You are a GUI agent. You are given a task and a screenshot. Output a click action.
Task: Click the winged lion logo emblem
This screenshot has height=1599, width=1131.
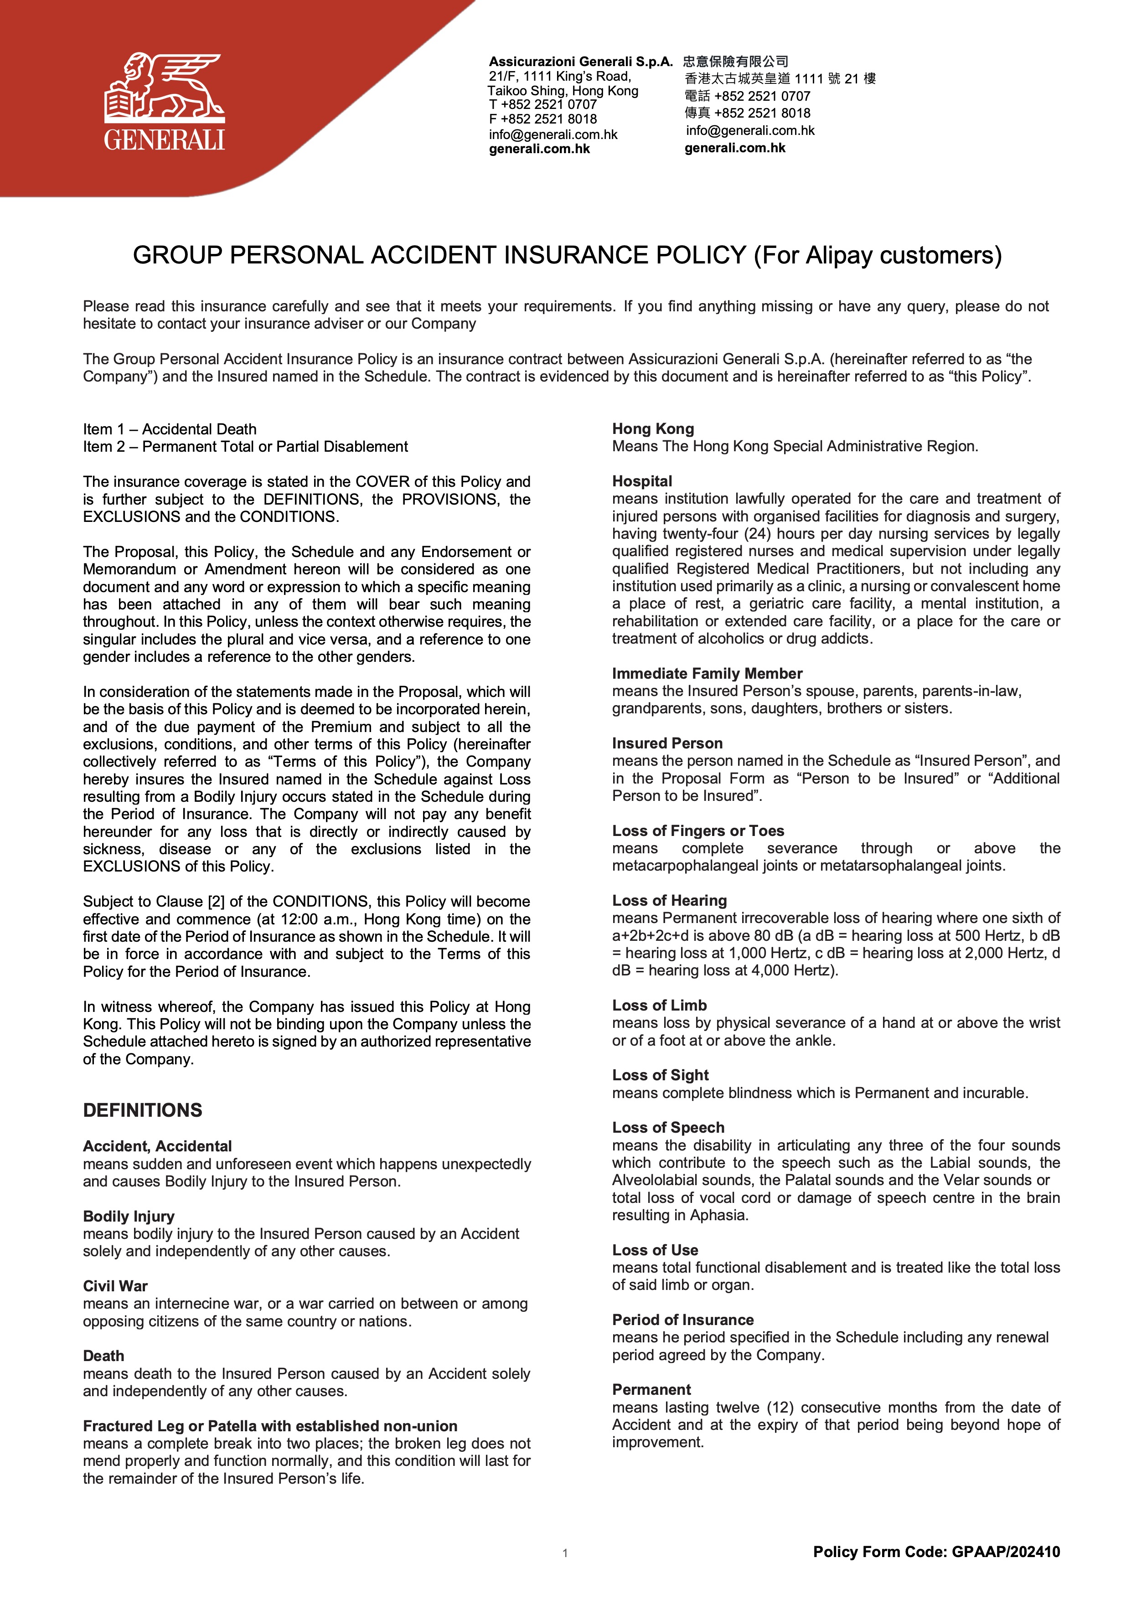point(165,87)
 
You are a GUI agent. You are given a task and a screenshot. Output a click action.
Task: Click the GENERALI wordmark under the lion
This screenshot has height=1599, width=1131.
point(165,140)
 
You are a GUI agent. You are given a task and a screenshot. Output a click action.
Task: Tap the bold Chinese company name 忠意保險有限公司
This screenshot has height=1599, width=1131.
point(735,61)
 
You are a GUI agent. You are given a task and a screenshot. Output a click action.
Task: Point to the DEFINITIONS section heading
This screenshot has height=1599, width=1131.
point(143,1110)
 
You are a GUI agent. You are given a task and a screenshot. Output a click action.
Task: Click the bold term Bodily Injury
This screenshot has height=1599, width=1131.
point(129,1216)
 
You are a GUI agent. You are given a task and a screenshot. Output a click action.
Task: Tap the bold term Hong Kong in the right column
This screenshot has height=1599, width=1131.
point(652,429)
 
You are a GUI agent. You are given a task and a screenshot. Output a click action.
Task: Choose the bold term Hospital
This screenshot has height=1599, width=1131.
point(641,481)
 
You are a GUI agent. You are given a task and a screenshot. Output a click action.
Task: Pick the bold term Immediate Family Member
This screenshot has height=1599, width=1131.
point(707,673)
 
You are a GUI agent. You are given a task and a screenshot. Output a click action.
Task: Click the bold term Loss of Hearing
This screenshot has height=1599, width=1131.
point(669,901)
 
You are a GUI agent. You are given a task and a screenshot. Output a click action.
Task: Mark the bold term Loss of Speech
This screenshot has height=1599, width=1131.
point(668,1128)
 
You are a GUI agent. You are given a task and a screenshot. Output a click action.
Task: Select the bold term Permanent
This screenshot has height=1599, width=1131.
point(651,1389)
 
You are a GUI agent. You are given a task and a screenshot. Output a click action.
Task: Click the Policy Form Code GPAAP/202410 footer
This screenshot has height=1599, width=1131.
point(936,1552)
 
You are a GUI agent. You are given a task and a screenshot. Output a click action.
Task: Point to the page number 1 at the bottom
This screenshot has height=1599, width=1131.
point(565,1553)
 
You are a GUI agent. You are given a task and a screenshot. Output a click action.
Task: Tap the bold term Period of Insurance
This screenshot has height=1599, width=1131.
point(682,1320)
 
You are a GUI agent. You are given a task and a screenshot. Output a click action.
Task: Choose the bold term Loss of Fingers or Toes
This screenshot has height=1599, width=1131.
point(698,831)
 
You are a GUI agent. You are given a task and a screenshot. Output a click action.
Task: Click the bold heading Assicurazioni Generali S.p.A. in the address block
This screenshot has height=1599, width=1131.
point(580,61)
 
